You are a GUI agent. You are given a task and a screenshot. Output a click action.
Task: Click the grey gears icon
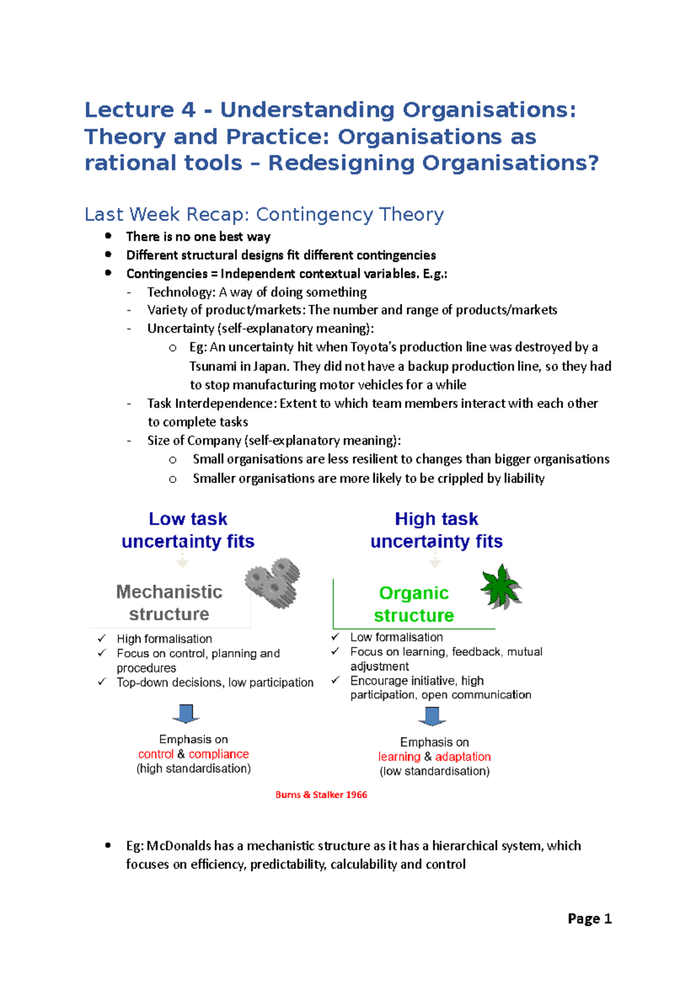[273, 582]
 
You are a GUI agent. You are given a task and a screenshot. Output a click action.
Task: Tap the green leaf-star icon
[501, 586]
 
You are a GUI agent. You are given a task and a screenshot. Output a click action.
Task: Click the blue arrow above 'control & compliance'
[186, 714]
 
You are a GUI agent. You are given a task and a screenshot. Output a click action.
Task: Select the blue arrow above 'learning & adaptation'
[432, 716]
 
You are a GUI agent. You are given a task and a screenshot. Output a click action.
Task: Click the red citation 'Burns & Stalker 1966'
[321, 795]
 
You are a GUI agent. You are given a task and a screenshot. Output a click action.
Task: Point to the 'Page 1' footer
[589, 918]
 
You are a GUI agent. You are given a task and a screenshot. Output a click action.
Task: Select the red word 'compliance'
[219, 754]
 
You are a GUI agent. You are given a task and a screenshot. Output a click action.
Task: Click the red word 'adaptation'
[463, 756]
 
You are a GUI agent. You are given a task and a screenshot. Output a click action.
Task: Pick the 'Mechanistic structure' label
[169, 603]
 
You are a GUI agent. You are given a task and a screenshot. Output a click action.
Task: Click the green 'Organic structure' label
[414, 604]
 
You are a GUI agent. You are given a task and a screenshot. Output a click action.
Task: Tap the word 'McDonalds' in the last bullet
[179, 846]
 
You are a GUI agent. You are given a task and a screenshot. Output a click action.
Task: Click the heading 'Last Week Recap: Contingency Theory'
[264, 215]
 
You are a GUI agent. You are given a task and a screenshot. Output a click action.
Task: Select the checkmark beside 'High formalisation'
[102, 638]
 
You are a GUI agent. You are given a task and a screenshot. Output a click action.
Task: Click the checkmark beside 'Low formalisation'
[335, 637]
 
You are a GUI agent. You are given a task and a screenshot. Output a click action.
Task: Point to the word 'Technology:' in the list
[181, 292]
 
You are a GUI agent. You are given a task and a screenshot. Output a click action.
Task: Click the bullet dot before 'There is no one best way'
[108, 236]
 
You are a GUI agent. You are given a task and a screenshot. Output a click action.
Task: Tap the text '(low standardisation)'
[434, 772]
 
